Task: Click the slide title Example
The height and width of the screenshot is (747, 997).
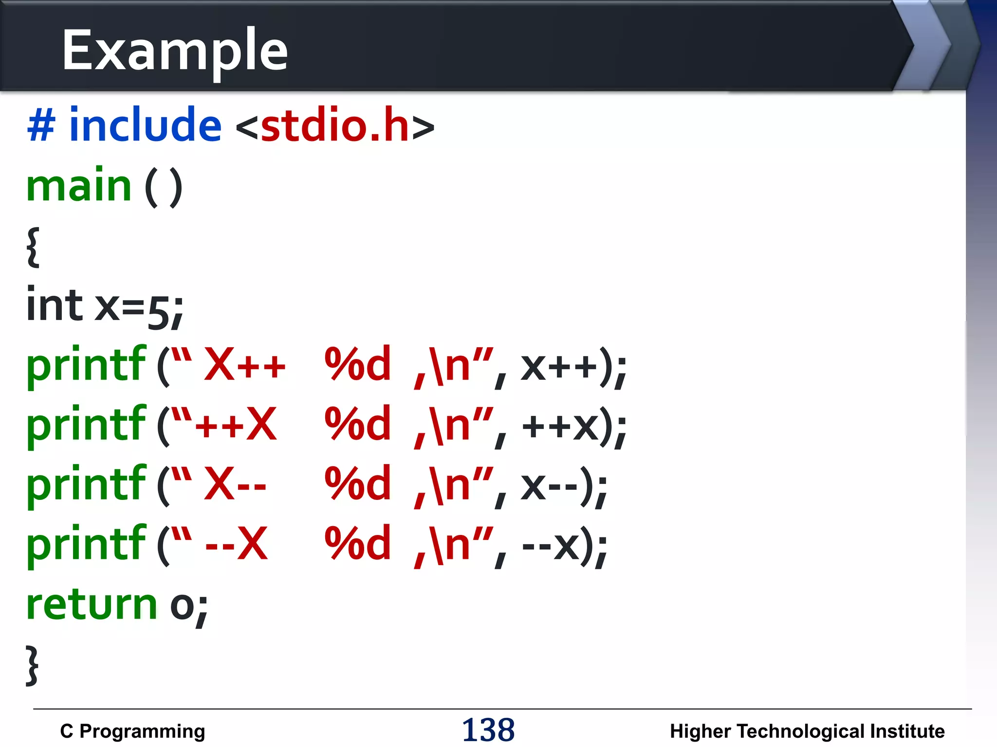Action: pos(175,50)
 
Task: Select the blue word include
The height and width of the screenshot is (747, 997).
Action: pos(145,126)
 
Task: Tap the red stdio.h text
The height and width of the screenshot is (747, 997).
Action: pos(335,126)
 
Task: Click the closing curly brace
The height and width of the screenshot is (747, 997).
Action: pos(32,665)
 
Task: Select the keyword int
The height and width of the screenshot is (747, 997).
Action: pos(55,305)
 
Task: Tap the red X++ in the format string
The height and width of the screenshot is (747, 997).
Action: pos(245,365)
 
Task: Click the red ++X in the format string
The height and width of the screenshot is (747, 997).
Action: pos(236,425)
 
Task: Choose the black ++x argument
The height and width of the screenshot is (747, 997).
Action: pos(560,426)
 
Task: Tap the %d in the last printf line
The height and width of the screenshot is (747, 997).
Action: pos(358,544)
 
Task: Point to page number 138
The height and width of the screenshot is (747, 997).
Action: pos(488,730)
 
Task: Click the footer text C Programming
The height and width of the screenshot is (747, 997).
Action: pos(132,731)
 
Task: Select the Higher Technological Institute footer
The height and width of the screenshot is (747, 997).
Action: pos(807,731)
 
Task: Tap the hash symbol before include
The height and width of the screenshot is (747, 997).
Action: pos(41,125)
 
